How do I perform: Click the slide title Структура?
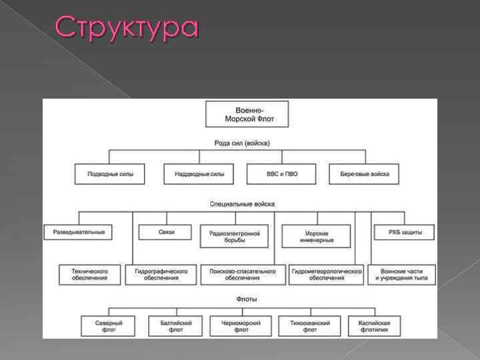(127, 28)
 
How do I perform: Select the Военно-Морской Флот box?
(247, 114)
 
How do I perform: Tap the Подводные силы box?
(110, 174)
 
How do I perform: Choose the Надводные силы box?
(199, 174)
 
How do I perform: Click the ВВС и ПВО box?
(282, 174)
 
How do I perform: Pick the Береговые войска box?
(363, 174)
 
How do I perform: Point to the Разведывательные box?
(79, 232)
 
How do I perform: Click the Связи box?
(166, 232)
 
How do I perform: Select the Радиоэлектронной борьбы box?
(234, 236)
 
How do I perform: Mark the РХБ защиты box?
(402, 232)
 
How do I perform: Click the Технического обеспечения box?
(89, 275)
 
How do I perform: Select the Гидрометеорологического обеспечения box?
(327, 275)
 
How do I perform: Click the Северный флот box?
(109, 326)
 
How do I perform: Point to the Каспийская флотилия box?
(373, 326)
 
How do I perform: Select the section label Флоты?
(246, 299)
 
